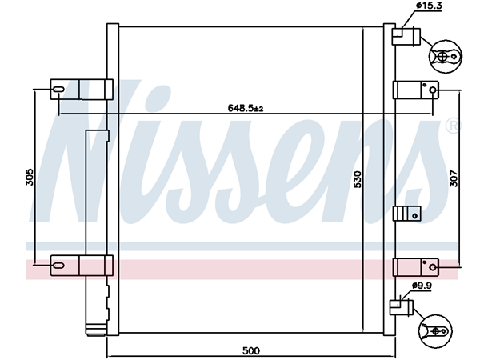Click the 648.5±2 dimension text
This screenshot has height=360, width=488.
[x=246, y=107]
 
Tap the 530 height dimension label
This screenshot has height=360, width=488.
[x=358, y=179]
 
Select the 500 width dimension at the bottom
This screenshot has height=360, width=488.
[x=250, y=350]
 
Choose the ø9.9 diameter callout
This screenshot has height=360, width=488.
[x=422, y=285]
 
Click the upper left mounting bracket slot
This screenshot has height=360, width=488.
[x=61, y=88]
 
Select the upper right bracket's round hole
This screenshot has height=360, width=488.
[x=433, y=90]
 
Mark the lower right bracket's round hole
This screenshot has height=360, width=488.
[x=433, y=266]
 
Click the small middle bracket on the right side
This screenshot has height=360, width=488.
[x=406, y=213]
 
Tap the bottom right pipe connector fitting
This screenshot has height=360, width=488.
[x=399, y=306]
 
